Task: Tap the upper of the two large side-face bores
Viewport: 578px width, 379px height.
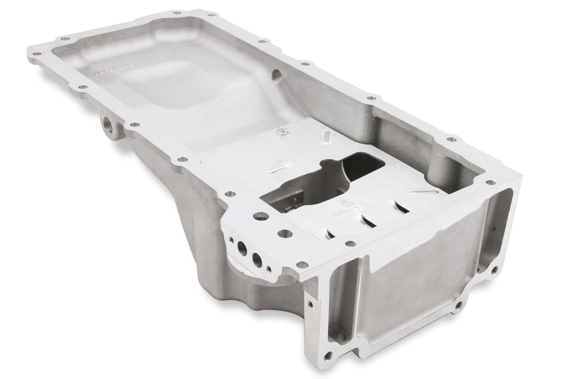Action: coord(242,248)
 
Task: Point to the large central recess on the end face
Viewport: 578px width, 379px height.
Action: coord(411,280)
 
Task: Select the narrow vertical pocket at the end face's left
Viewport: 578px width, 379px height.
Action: coord(340,303)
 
